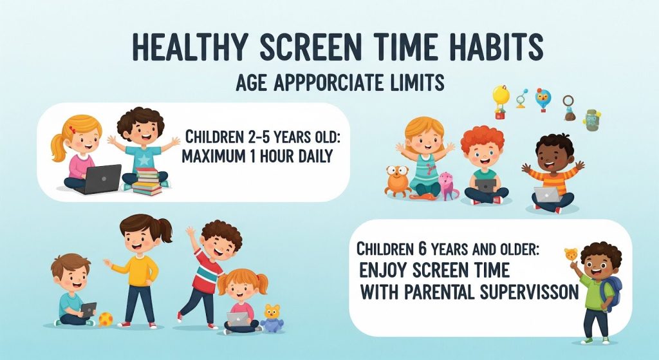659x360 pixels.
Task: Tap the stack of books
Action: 147,182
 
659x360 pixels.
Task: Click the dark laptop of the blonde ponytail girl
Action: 99,179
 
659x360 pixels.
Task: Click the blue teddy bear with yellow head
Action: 272,318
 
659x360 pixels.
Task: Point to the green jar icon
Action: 592,120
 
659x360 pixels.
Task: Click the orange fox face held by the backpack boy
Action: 571,255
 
